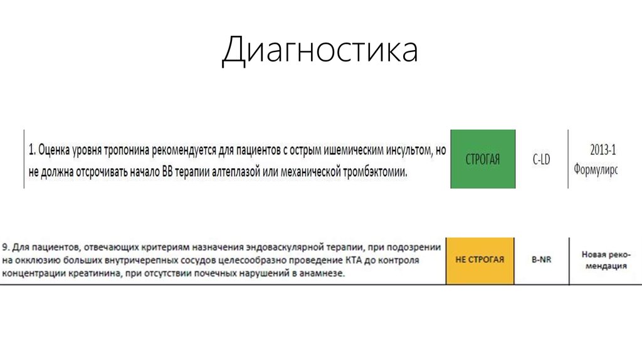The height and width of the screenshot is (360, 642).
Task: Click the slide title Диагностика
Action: tap(320, 51)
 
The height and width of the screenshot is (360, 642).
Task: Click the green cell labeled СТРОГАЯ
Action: tap(483, 159)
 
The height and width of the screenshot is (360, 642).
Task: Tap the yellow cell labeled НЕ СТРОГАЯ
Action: tap(480, 259)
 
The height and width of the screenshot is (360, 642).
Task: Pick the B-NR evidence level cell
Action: tap(541, 260)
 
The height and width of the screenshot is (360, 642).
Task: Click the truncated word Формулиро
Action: tap(595, 170)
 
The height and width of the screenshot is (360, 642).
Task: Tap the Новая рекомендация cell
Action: tap(604, 260)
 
